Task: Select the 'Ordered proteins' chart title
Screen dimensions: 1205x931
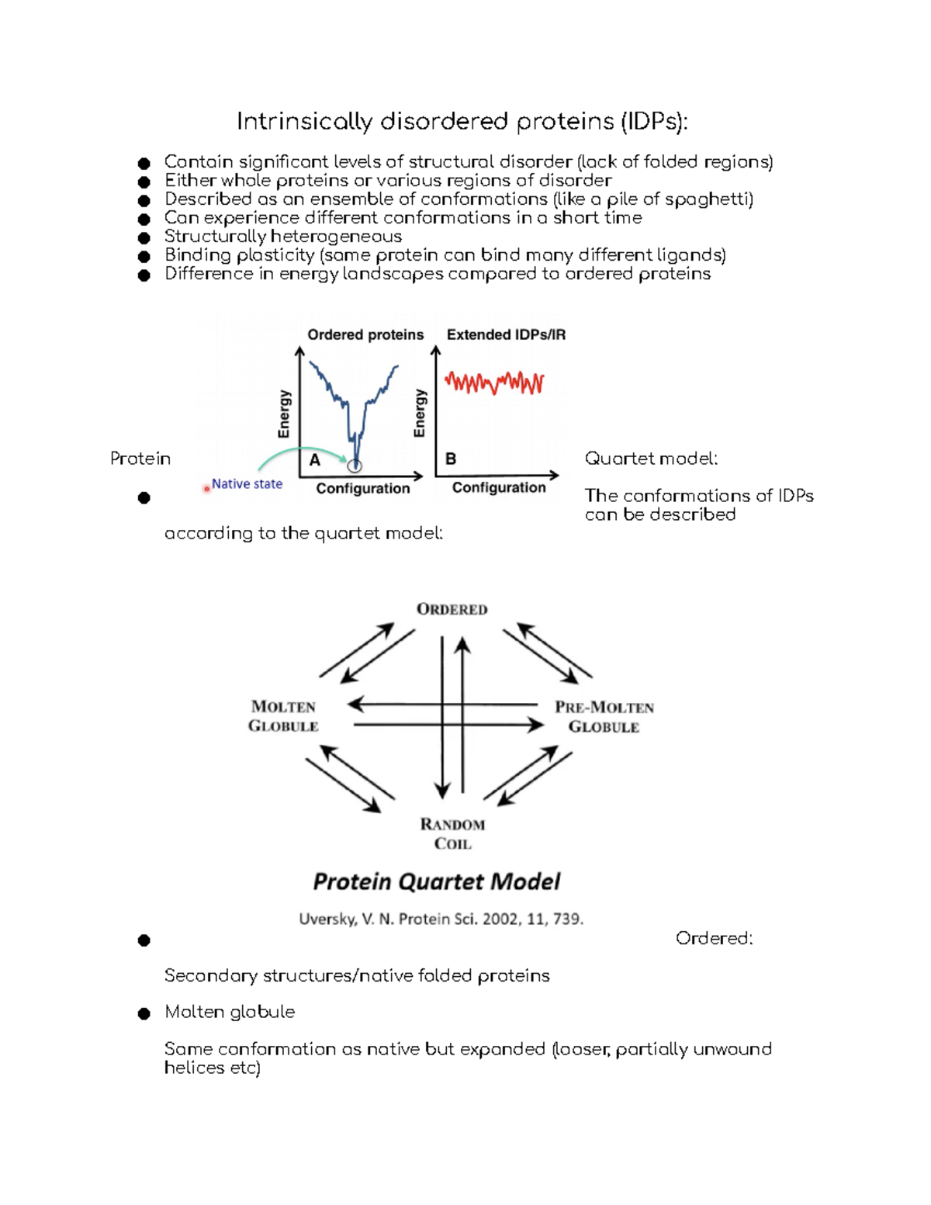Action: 365,334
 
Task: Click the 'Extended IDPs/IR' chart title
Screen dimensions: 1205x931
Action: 506,334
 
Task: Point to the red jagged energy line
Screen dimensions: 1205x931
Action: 494,383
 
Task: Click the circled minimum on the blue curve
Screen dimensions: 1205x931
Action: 355,466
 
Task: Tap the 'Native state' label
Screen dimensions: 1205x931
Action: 247,484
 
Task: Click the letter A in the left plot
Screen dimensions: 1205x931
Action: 315,460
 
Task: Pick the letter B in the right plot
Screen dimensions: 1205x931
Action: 451,459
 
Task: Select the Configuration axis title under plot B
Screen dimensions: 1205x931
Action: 499,487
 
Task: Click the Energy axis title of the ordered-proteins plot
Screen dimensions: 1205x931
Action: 284,414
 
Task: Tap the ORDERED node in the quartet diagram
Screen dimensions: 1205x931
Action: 452,610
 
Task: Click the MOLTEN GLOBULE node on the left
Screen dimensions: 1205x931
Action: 283,716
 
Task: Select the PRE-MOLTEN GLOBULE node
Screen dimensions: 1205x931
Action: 604,717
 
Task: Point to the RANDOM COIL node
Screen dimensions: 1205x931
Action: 452,834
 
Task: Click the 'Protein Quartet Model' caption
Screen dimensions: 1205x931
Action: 436,882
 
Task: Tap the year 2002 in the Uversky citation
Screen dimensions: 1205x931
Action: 501,919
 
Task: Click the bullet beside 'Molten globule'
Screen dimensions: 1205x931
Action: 144,1013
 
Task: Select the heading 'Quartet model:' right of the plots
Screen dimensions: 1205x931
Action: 651,459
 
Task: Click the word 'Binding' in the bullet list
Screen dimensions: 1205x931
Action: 198,255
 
